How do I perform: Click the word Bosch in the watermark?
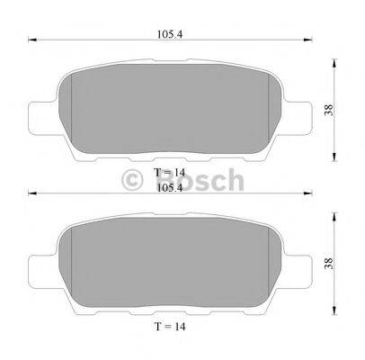[199, 182]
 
